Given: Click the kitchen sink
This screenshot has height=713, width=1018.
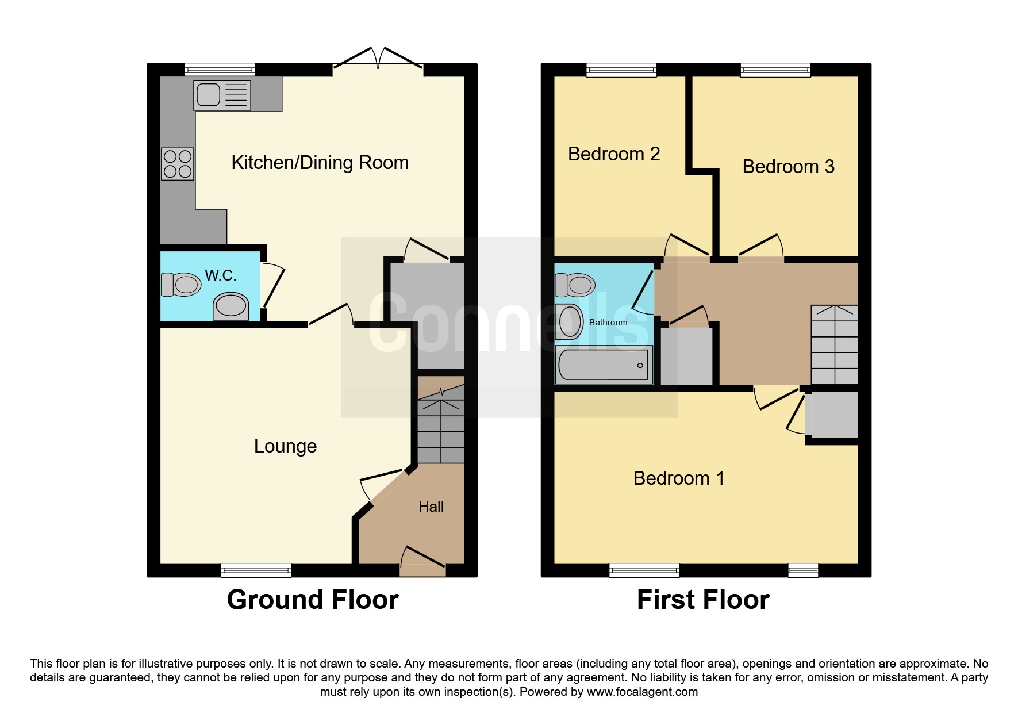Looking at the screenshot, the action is click(x=222, y=94).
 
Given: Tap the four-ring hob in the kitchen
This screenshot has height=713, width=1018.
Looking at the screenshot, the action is click(x=178, y=164).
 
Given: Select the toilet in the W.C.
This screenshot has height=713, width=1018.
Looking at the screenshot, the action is click(x=180, y=284).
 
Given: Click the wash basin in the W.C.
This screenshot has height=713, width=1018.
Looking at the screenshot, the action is click(x=231, y=306).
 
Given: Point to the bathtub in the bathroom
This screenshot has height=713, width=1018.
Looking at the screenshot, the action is click(x=604, y=365).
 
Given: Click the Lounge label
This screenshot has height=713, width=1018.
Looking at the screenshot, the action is click(x=285, y=446).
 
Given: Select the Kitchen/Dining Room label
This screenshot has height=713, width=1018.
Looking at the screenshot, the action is click(x=320, y=163).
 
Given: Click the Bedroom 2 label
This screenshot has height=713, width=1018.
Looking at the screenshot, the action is click(x=614, y=154).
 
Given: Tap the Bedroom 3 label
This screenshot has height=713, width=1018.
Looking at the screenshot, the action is click(x=788, y=167).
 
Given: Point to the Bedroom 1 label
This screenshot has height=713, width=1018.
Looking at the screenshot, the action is click(x=679, y=478).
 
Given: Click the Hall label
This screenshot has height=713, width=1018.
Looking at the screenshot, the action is click(x=431, y=507).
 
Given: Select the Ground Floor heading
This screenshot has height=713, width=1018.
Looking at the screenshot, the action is click(x=313, y=600).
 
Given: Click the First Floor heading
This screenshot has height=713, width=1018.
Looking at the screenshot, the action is click(x=703, y=600).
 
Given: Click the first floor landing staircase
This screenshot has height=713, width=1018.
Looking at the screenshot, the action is click(x=835, y=344).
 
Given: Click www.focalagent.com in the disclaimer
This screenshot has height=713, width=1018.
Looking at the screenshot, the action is click(x=642, y=692).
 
